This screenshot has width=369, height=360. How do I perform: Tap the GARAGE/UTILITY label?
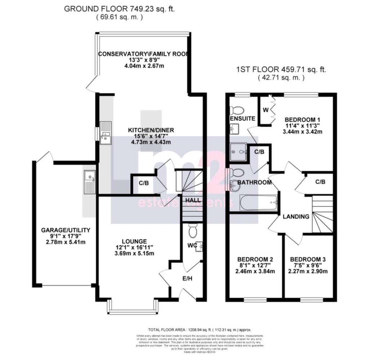(65, 230)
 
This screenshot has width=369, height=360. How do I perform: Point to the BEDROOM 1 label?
(302, 120)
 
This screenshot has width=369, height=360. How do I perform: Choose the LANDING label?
(295, 217)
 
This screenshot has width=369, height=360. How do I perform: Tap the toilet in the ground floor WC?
(192, 230)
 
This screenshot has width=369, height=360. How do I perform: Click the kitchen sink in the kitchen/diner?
(106, 133)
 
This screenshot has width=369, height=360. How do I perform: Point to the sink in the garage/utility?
(89, 182)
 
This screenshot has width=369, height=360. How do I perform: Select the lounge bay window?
(133, 308)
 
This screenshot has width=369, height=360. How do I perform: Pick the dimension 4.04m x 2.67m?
(143, 66)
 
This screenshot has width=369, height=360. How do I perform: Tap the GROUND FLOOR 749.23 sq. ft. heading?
(119, 9)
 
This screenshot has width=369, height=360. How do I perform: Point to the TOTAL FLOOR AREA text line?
(200, 330)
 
